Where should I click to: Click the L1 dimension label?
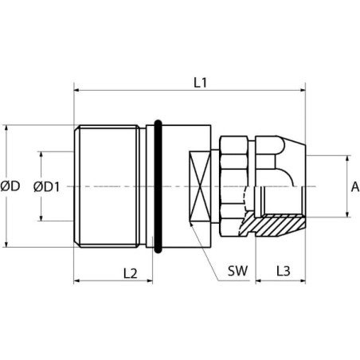pyautogui.click(x=200, y=83)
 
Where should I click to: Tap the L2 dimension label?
pyautogui.click(x=131, y=273)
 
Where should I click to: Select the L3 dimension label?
pyautogui.click(x=284, y=271)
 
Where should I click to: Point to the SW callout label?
pyautogui.click(x=237, y=271)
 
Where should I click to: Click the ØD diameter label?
pyautogui.click(x=10, y=186)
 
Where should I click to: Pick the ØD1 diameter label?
pyautogui.click(x=47, y=186)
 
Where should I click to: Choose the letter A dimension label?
pyautogui.click(x=355, y=186)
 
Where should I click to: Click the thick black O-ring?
pyautogui.click(x=158, y=186)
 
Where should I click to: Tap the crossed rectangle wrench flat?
pyautogui.click(x=200, y=186)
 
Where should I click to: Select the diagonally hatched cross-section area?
pyautogui.click(x=273, y=224)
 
